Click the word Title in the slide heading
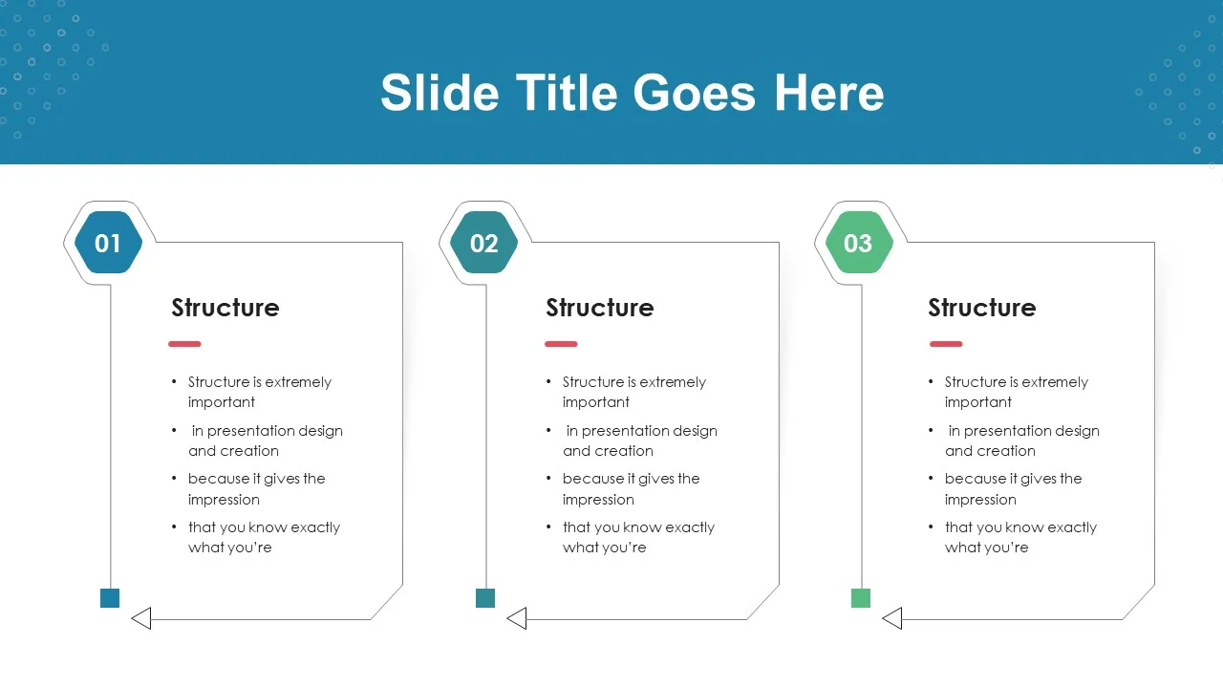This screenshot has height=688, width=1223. tap(567, 93)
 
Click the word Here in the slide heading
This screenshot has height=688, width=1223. tap(828, 93)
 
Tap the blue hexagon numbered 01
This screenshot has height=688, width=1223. tap(108, 243)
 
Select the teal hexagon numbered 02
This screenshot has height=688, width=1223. tap(483, 243)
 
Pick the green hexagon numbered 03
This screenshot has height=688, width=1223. tap(859, 243)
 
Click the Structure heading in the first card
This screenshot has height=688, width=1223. tap(225, 308)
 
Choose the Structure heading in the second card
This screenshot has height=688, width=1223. tap(599, 308)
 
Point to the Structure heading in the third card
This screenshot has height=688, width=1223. tap(981, 308)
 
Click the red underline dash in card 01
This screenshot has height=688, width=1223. tap(184, 344)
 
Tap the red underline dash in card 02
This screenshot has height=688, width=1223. tap(561, 344)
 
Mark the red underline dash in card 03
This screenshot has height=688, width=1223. tap(946, 344)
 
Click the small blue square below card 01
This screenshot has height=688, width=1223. tap(110, 598)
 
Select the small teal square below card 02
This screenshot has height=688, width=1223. tap(485, 598)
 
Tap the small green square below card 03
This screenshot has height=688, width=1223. tap(861, 598)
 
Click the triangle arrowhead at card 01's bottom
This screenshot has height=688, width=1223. tap(141, 618)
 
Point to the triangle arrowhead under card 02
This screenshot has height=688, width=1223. tap(517, 618)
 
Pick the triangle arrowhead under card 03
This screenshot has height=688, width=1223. tap(892, 618)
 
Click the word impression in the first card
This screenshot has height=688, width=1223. tap(224, 500)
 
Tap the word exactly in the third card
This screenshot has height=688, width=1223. tap(1072, 528)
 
